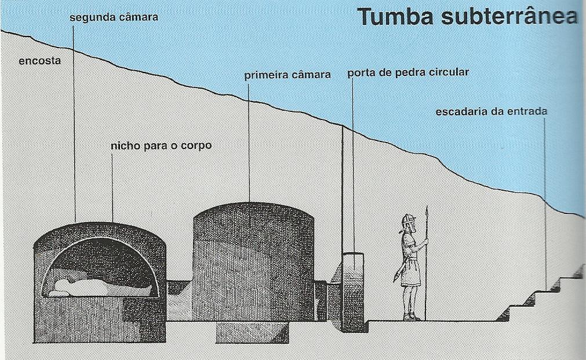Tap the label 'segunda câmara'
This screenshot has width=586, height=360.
(114, 17)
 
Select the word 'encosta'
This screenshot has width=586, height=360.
(39, 60)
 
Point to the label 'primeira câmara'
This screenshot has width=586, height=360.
(287, 75)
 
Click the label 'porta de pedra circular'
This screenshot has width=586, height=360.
(407, 73)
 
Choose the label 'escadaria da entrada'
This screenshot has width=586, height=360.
(492, 111)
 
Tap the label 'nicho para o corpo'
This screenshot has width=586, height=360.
(161, 146)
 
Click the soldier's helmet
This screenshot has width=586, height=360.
(408, 220)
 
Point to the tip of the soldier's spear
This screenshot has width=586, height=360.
(427, 210)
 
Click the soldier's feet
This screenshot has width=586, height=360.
(411, 317)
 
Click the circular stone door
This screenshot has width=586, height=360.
(352, 290)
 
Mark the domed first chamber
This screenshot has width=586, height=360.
(253, 261)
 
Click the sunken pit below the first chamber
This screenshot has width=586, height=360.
(252, 332)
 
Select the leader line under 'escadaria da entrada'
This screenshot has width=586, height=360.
(545, 203)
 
